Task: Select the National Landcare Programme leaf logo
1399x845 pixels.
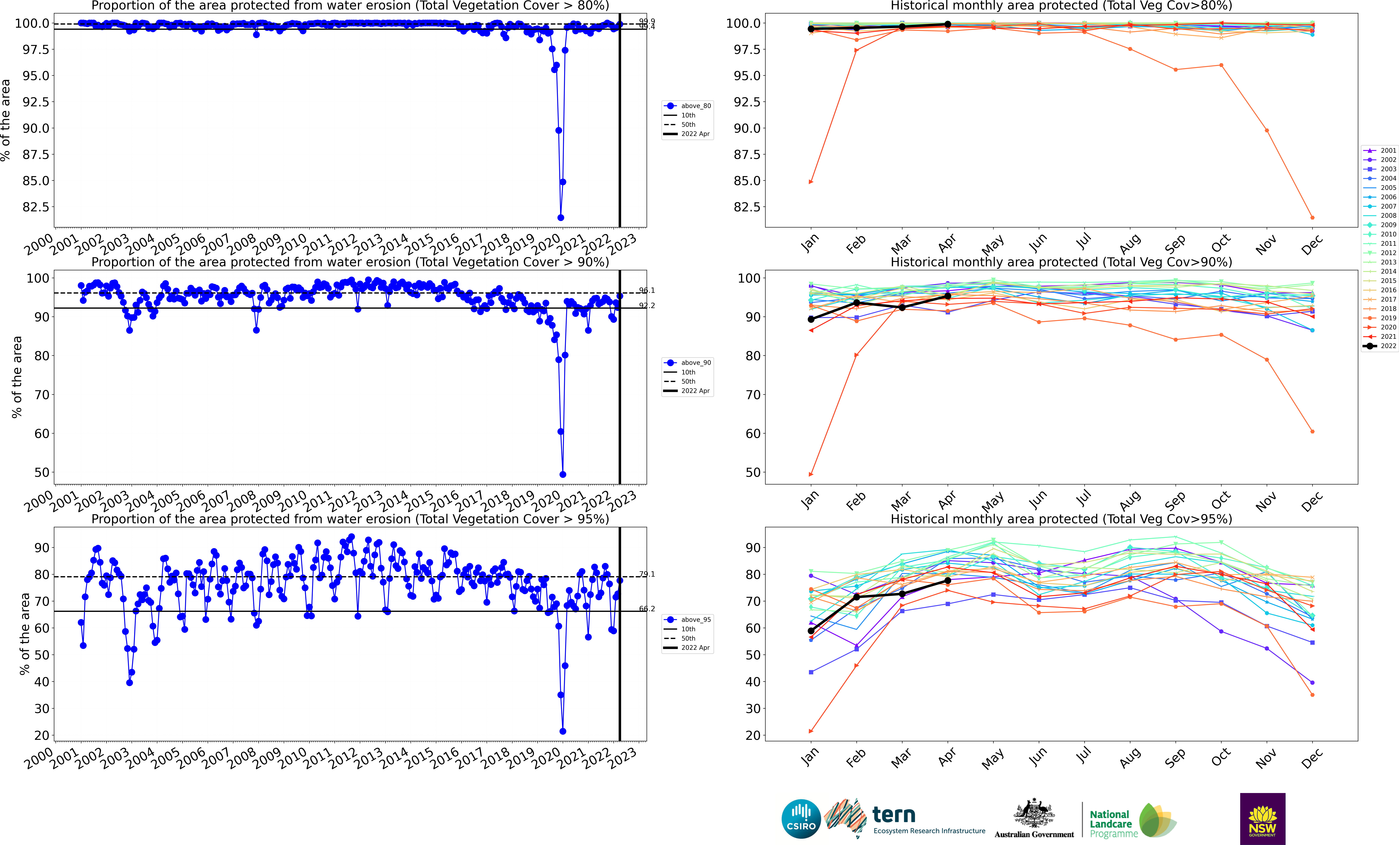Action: click(x=1157, y=820)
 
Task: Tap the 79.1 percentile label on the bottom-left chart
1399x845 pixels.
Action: click(x=647, y=574)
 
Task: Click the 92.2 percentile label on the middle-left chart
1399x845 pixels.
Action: click(x=647, y=306)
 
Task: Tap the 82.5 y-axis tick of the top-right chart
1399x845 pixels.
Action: click(x=746, y=207)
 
